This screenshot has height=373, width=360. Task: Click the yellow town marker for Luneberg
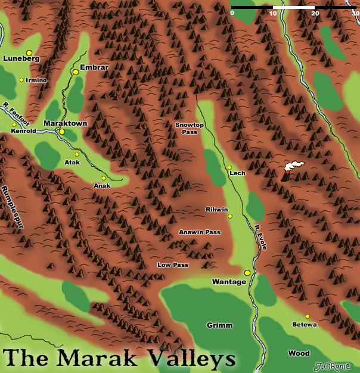tap(29, 53)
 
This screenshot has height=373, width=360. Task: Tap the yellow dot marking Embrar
tap(76, 72)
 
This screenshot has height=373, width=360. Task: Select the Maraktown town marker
tap(61, 132)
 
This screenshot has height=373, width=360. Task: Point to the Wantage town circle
tap(247, 273)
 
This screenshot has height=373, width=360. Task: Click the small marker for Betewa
tap(308, 316)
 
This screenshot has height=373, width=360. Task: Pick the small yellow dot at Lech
tap(229, 167)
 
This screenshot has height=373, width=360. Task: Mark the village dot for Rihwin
tap(230, 216)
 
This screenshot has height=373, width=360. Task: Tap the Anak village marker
tap(103, 178)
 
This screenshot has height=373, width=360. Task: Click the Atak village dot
tap(77, 154)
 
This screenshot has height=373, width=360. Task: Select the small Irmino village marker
tap(21, 80)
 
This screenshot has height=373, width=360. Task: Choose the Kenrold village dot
tap(14, 125)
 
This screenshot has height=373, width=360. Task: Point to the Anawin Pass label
tap(200, 232)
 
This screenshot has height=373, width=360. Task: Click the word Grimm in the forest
tap(219, 325)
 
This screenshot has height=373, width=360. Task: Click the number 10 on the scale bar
tap(272, 13)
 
